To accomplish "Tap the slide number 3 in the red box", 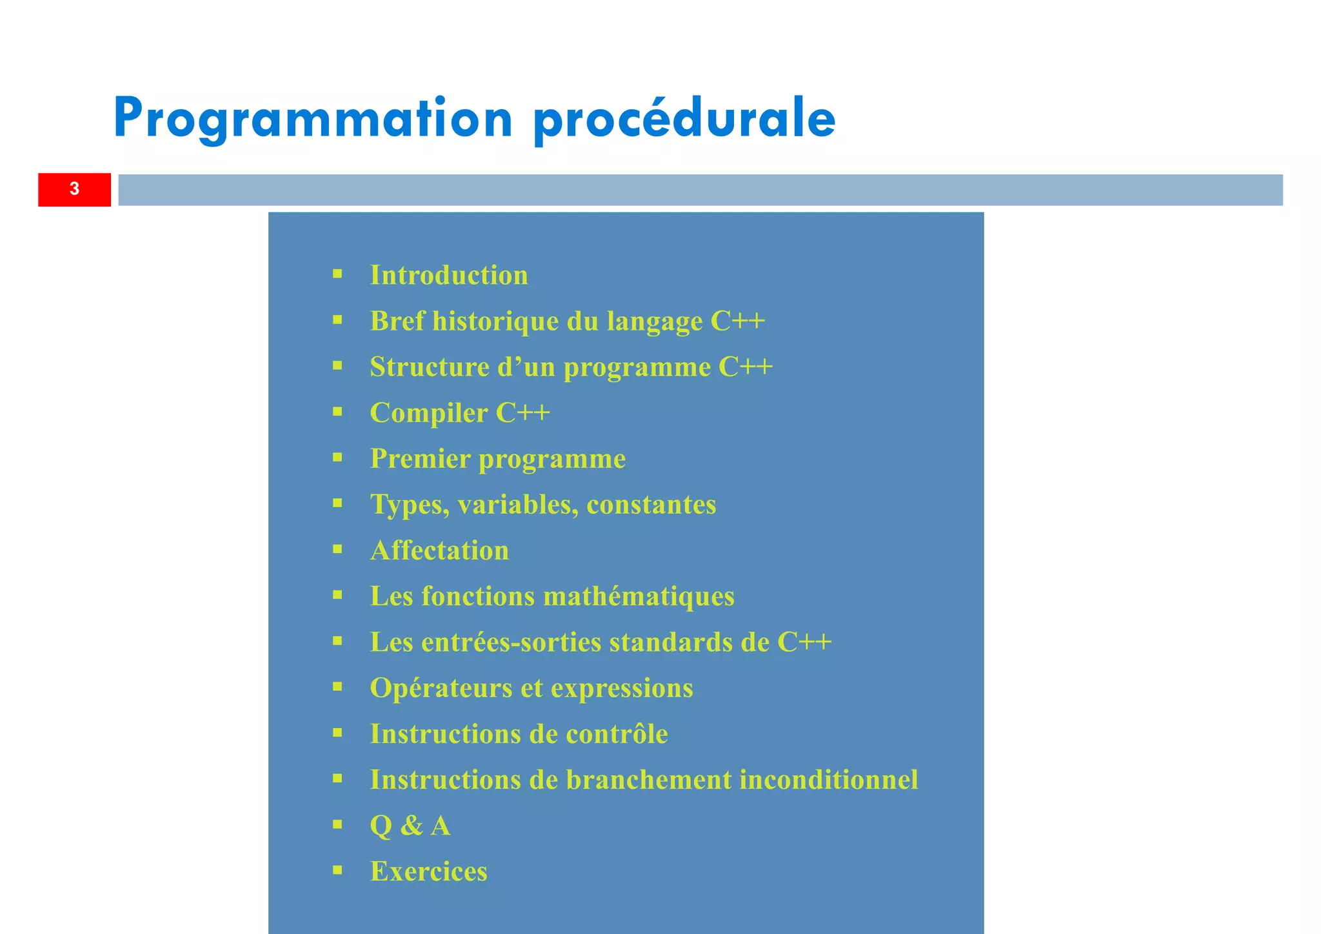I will tap(74, 189).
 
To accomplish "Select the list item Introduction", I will tap(449, 276).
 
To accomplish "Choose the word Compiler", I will tap(429, 413).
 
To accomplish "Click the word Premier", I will tap(421, 459).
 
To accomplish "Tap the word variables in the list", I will tap(518, 505).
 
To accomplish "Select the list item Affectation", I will tap(439, 551).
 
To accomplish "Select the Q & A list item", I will tap(410, 826).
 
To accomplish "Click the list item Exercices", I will tap(428, 871).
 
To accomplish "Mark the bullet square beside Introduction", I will tap(337, 274).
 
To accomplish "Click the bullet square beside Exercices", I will tap(337, 869).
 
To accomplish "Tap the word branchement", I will tap(649, 780).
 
